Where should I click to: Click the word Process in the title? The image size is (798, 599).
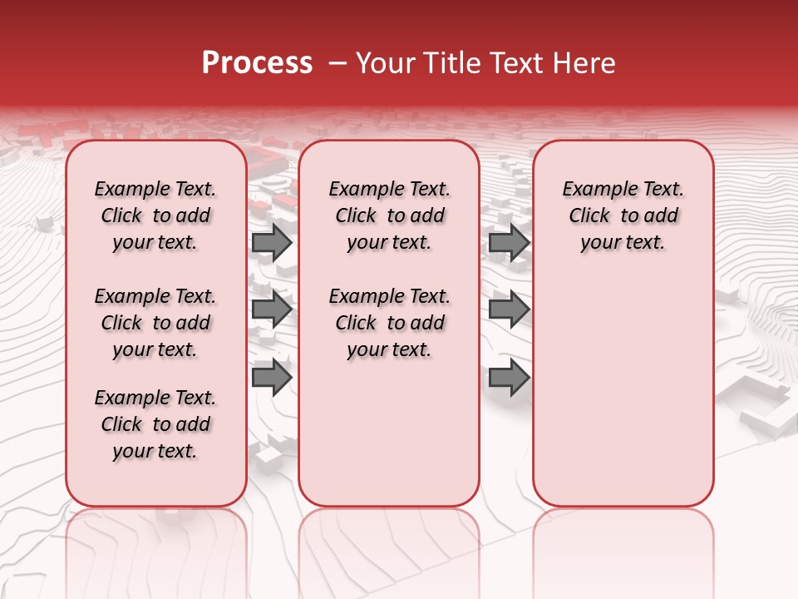256,63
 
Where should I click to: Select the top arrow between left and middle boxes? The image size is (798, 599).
272,242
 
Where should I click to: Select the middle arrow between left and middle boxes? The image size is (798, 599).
272,309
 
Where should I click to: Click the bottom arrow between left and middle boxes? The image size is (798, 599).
272,377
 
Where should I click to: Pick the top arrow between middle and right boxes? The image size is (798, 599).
509,242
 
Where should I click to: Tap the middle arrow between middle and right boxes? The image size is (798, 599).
509,309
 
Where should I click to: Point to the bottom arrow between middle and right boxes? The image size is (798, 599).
509,377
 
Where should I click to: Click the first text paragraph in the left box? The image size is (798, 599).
155,215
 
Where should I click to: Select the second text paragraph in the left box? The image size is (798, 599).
155,323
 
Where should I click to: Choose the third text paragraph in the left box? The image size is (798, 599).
155,424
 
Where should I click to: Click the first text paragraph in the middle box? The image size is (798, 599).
389,215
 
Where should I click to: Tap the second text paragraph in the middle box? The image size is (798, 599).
389,323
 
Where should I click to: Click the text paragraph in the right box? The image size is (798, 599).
623,215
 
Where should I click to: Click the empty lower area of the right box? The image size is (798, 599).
623,399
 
